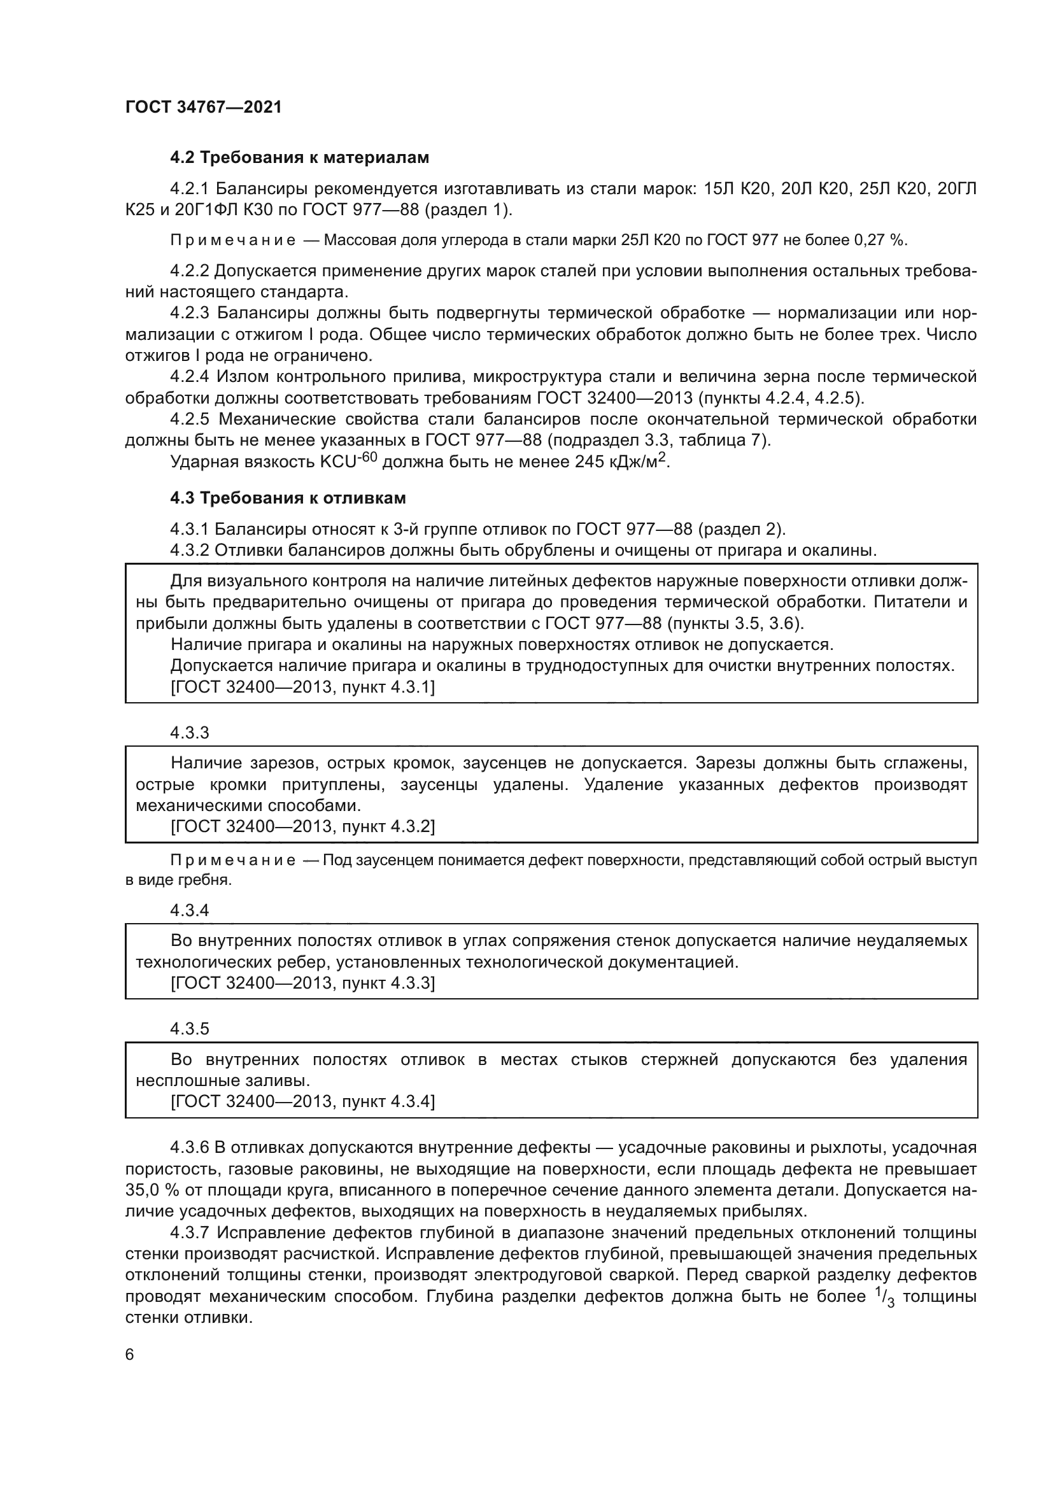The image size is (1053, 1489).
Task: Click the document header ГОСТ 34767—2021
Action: pyautogui.click(x=204, y=107)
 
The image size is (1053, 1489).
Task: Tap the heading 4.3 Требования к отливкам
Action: pyautogui.click(x=288, y=498)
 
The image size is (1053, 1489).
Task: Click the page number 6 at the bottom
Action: pyautogui.click(x=130, y=1355)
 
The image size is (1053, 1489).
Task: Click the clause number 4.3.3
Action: pyautogui.click(x=189, y=733)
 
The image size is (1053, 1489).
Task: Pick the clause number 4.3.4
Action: pyautogui.click(x=189, y=910)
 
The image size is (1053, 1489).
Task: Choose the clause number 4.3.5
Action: pyautogui.click(x=189, y=1029)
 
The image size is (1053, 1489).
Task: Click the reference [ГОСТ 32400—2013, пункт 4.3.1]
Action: pyautogui.click(x=303, y=688)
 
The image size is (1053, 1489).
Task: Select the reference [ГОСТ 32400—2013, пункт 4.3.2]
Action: pyautogui.click(x=303, y=827)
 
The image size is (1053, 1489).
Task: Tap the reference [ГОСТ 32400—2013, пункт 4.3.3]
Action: pyautogui.click(x=303, y=983)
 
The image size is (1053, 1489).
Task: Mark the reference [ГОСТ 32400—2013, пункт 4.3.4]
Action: pyautogui.click(x=303, y=1102)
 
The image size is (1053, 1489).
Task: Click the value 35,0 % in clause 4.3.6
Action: pyautogui.click(x=153, y=1190)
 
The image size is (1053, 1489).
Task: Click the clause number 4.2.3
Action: pyautogui.click(x=189, y=313)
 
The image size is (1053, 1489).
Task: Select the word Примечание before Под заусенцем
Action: pyautogui.click(x=233, y=861)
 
